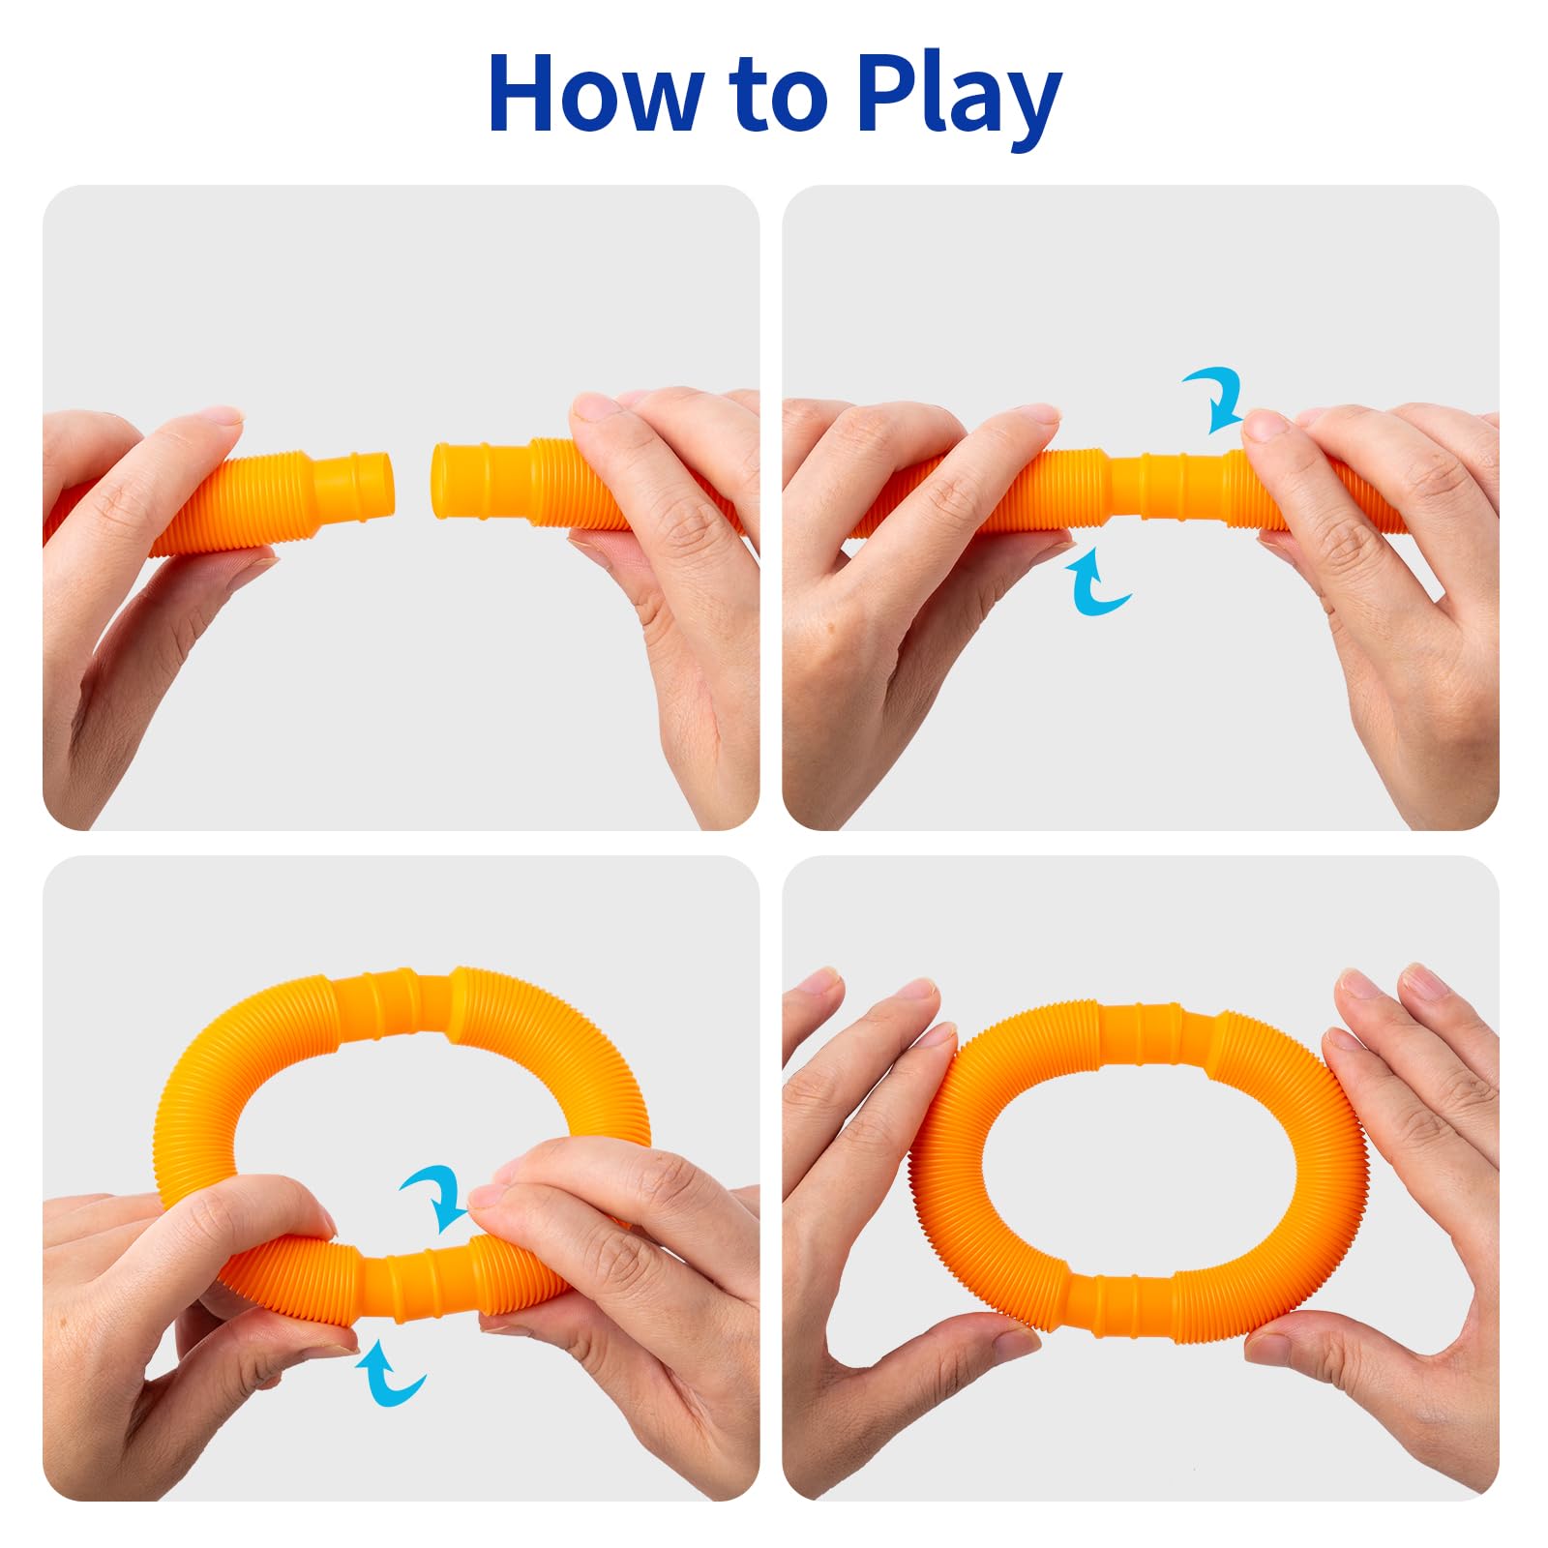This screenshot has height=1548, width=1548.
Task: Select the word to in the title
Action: [780, 98]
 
